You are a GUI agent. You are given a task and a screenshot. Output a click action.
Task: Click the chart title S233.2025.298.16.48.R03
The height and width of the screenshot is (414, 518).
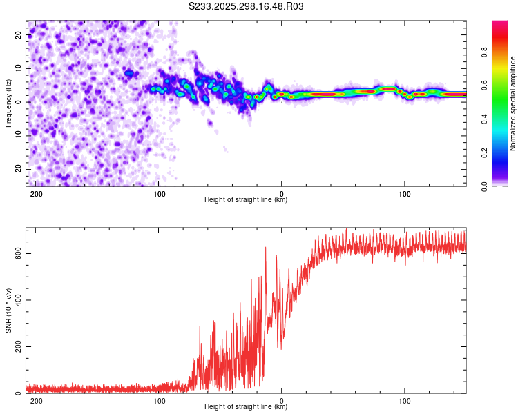coord(247,6)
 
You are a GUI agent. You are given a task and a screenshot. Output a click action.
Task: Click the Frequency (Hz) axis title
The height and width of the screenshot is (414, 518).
coord(8,103)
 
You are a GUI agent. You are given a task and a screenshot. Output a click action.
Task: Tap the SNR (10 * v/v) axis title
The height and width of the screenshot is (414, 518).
coord(8,310)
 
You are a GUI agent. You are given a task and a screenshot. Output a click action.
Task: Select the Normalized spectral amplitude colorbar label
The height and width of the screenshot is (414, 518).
coord(513,103)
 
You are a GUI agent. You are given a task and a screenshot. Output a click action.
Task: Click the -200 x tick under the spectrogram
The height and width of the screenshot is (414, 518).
coord(35,193)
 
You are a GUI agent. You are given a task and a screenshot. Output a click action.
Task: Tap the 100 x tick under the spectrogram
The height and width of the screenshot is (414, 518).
coord(405,193)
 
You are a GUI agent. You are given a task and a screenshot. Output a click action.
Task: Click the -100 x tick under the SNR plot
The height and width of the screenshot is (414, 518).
coord(158,400)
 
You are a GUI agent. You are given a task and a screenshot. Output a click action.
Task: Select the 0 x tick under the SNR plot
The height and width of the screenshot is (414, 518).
coord(282,400)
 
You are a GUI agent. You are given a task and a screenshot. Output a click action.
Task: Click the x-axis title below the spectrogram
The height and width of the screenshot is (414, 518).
coord(246,200)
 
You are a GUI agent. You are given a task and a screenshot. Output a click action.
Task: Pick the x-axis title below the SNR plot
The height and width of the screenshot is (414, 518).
coord(246,407)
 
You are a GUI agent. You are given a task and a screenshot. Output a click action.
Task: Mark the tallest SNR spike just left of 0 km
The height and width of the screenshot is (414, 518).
coord(266,248)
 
